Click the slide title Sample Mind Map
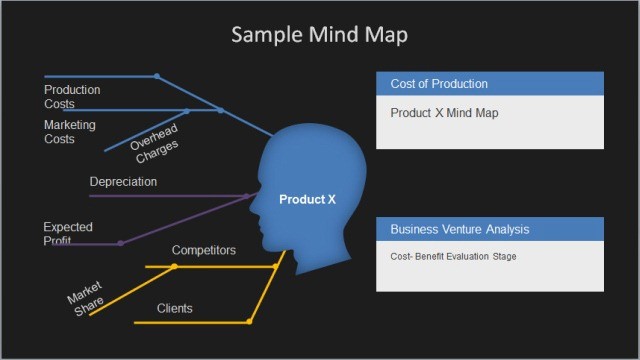(319, 35)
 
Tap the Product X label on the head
(307, 200)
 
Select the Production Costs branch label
(72, 97)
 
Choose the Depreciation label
(123, 182)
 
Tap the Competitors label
(204, 250)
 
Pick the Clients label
(175, 308)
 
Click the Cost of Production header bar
(490, 84)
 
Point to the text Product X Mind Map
(444, 113)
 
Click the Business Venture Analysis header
(490, 230)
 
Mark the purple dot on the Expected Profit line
(121, 243)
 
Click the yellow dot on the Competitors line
(174, 267)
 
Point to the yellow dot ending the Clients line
(249, 321)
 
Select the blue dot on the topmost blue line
(156, 76)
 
